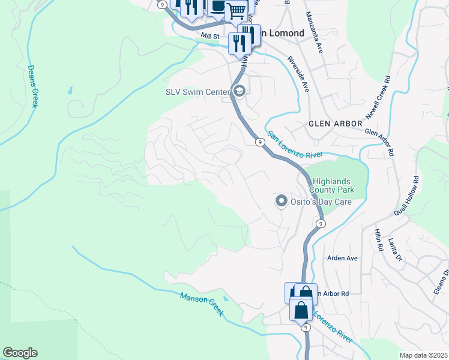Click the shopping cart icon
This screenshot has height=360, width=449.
[237, 10]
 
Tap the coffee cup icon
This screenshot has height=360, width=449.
[217, 6]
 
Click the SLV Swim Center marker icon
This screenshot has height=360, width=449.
[239, 92]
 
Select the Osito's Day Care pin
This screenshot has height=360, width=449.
[280, 202]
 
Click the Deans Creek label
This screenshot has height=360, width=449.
[34, 87]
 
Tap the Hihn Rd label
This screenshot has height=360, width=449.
[379, 239]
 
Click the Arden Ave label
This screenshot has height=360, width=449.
[342, 258]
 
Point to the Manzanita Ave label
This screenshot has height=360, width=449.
[314, 32]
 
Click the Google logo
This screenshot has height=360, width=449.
[20, 353]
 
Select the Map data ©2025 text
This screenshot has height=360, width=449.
[423, 355]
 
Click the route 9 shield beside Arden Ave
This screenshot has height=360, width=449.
[321, 224]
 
